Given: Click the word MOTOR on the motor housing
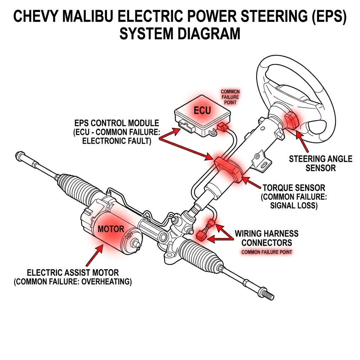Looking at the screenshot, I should click(x=111, y=229).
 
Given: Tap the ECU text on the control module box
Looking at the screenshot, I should click(x=202, y=111).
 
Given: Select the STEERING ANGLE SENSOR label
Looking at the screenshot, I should click(x=320, y=163).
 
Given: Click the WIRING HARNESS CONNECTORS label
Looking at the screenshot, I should click(x=266, y=238).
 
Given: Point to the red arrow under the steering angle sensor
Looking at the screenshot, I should click(x=300, y=141).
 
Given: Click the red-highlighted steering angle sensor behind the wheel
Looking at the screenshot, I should click(x=291, y=120).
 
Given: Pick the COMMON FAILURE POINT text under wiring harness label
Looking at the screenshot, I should click(x=267, y=252).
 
